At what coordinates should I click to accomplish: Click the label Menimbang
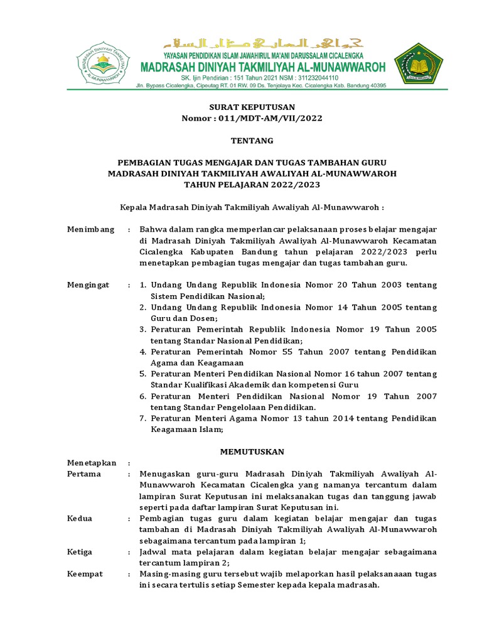[x=91, y=230]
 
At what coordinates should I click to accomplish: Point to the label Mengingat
[x=88, y=285]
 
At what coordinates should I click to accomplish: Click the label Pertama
[x=84, y=474]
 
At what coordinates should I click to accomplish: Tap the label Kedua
[x=80, y=519]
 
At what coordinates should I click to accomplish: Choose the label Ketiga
[x=80, y=552]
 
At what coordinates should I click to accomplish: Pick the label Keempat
[x=85, y=574]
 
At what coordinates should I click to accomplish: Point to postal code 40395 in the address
[x=375, y=85]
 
